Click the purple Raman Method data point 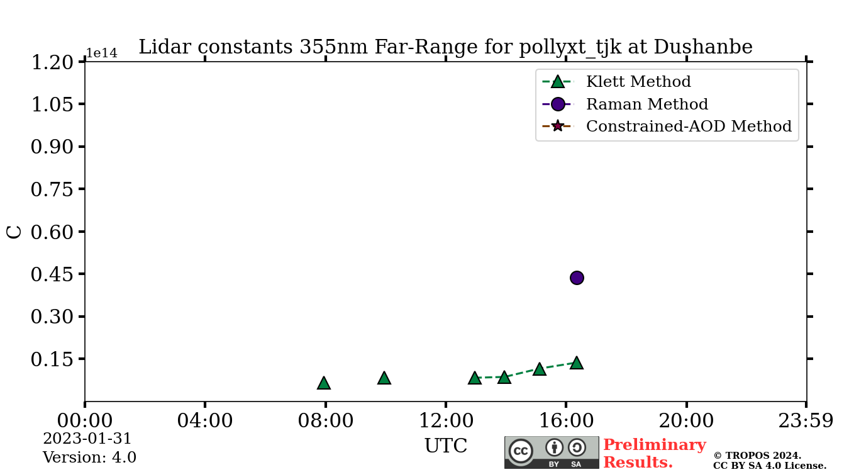[x=577, y=278]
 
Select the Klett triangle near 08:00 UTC [x=324, y=383]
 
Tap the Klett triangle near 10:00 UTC [x=384, y=378]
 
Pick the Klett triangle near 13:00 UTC [x=475, y=378]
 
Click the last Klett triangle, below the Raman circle [x=577, y=363]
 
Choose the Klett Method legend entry [x=638, y=82]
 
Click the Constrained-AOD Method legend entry [x=688, y=126]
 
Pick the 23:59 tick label [x=806, y=420]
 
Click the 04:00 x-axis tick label [x=205, y=420]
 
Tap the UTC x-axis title [x=445, y=446]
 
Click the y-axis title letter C [x=14, y=232]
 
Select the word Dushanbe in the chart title [x=703, y=47]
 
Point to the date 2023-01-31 [x=87, y=439]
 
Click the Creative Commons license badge [x=552, y=452]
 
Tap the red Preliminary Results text [x=654, y=453]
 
